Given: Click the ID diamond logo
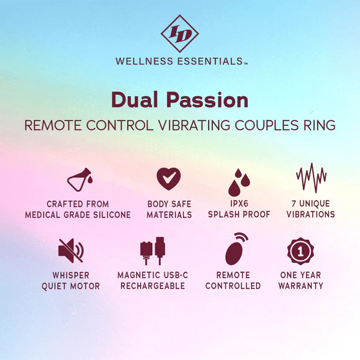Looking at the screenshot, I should pyautogui.click(x=179, y=33).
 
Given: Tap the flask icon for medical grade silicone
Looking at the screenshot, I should pyautogui.click(x=79, y=180).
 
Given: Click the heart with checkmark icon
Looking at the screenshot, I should pyautogui.click(x=168, y=179).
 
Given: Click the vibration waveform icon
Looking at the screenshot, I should pyautogui.click(x=312, y=179).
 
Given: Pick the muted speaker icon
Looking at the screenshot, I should pyautogui.click(x=70, y=250).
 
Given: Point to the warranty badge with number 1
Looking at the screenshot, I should pyautogui.click(x=300, y=251).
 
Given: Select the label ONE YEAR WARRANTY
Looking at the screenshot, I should pyautogui.click(x=300, y=281).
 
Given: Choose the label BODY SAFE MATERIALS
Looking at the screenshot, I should pyautogui.click(x=168, y=209).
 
